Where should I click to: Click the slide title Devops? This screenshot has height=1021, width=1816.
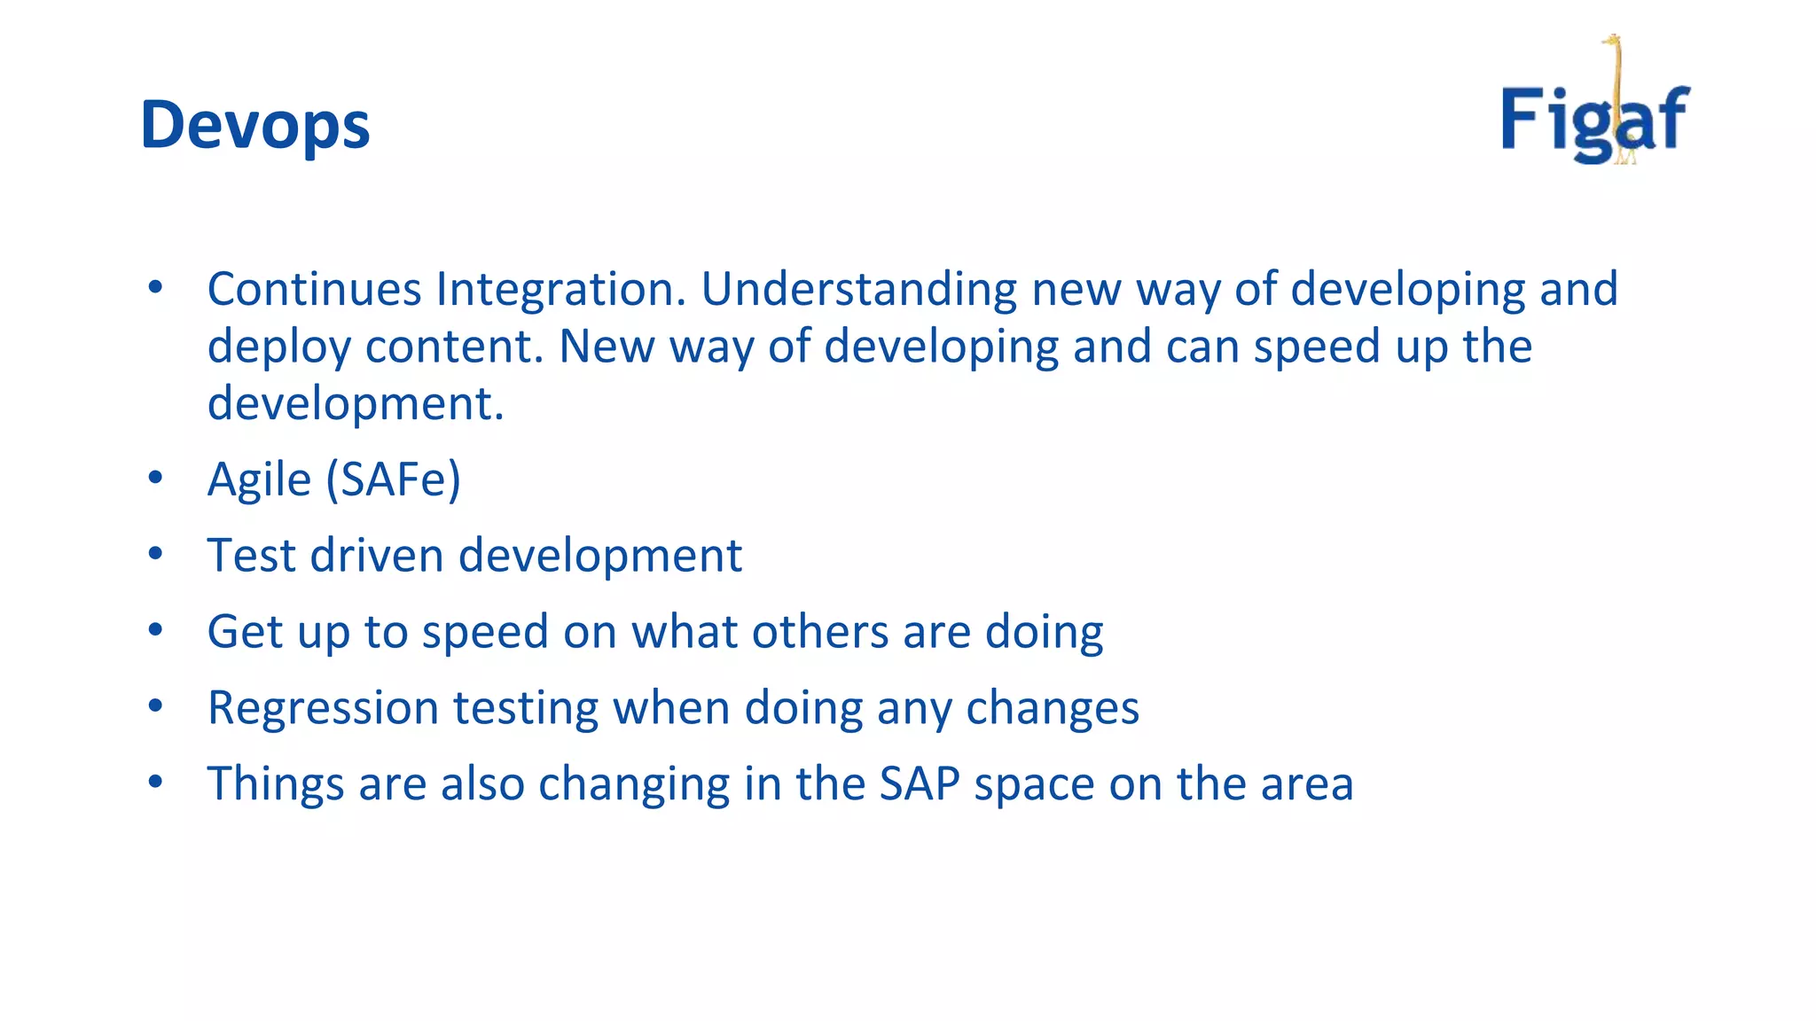[254, 125]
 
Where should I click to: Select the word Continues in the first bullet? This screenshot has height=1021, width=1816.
[314, 289]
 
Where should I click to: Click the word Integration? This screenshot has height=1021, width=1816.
[560, 289]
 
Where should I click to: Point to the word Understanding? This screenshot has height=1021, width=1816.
[858, 289]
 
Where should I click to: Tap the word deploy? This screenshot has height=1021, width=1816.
[278, 347]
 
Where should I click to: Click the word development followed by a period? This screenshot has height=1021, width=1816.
[355, 404]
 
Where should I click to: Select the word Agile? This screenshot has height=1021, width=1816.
[259, 480]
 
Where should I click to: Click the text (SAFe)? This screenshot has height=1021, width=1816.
[393, 480]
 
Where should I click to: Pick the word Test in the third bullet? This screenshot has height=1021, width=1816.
[251, 556]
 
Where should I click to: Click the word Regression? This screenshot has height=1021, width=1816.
[323, 708]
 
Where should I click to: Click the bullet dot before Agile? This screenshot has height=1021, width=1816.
[156, 478]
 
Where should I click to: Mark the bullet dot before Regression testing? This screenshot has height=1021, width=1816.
[156, 705]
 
